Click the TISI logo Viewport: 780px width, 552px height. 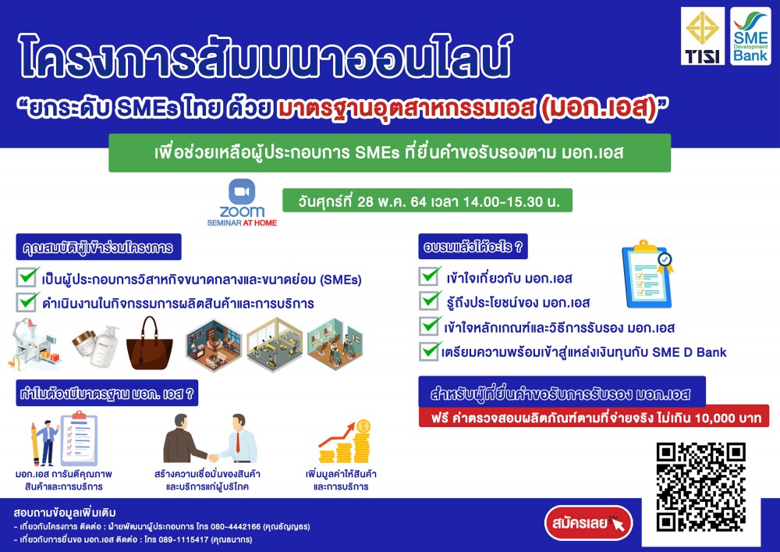coord(703,36)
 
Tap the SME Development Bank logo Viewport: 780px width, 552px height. coord(750,36)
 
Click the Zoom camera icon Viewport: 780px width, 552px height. coord(242,192)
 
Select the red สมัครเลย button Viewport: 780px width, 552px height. coord(588,522)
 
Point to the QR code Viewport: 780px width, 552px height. coord(700,486)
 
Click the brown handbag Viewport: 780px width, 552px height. coord(149,344)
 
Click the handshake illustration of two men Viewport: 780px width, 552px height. coord(210,438)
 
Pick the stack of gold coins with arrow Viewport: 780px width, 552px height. coord(345,441)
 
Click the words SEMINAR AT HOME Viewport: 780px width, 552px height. coord(242,223)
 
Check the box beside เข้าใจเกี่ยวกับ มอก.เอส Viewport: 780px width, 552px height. coord(430,276)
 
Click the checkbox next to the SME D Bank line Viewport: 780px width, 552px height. coord(430,351)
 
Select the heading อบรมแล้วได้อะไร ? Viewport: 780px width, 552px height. coord(473,247)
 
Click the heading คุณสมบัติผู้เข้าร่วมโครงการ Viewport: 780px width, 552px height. coord(98,247)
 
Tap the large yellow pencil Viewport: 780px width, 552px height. coord(35,444)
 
